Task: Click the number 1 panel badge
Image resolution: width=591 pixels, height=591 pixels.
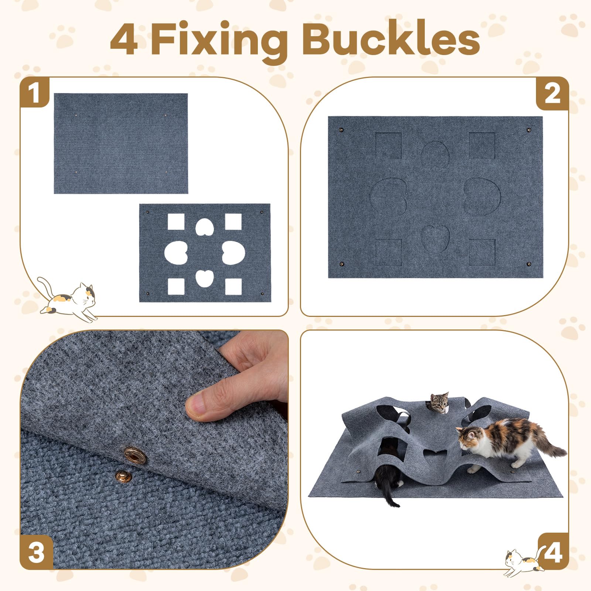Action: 34,92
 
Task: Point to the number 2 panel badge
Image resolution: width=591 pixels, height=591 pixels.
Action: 552,94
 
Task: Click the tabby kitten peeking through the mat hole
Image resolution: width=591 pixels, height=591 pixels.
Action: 439,403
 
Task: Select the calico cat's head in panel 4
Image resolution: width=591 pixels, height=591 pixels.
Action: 468,438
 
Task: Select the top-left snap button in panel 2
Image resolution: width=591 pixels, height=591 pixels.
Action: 341,130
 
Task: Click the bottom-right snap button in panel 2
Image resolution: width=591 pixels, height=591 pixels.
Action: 529,264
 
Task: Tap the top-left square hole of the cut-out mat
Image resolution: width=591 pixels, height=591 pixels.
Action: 176,222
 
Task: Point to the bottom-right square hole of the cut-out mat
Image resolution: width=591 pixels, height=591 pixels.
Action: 233,287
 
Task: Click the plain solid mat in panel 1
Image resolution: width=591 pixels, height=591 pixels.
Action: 121,143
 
